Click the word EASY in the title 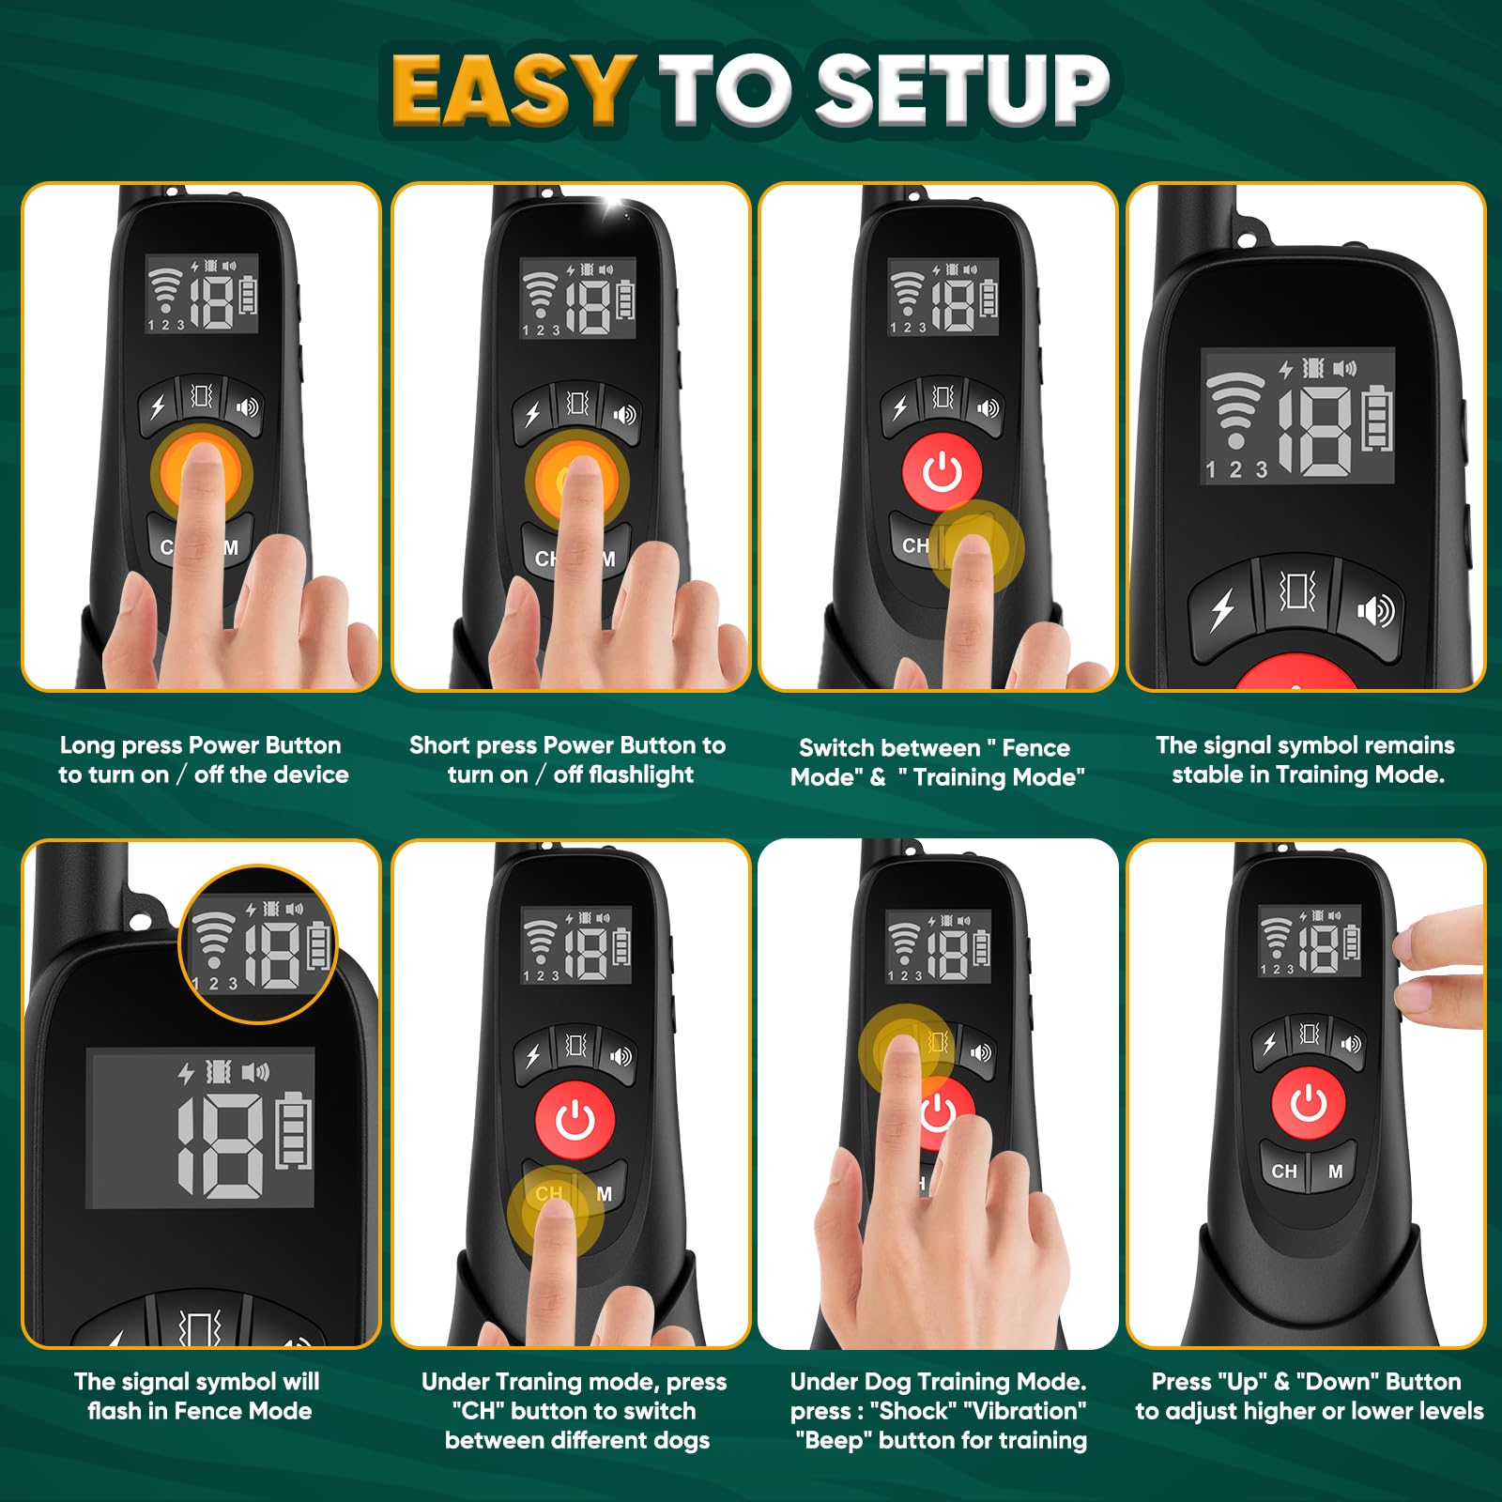pos(511,90)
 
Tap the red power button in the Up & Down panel pos(1309,1104)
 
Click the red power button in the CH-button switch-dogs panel pos(575,1120)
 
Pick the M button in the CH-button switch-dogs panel pos(605,1194)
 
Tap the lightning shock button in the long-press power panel pos(158,406)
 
